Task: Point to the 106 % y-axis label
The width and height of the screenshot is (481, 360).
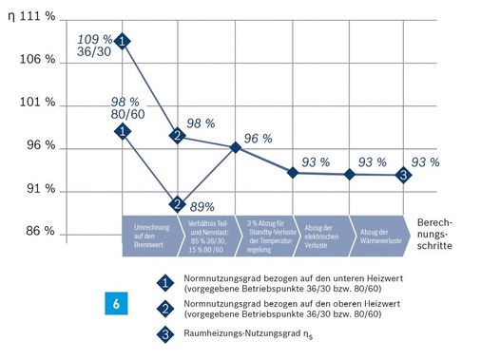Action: point(40,59)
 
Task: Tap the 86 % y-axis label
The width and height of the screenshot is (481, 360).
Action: point(40,232)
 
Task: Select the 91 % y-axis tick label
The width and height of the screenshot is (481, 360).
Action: point(40,189)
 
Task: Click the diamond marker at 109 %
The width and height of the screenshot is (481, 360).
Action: point(123,41)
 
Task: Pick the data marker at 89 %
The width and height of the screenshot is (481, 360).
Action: point(177,203)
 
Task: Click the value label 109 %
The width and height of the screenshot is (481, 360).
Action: point(92,38)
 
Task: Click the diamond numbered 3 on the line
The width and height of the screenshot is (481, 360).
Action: point(403,175)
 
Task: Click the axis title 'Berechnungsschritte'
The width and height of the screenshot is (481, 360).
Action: point(438,231)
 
